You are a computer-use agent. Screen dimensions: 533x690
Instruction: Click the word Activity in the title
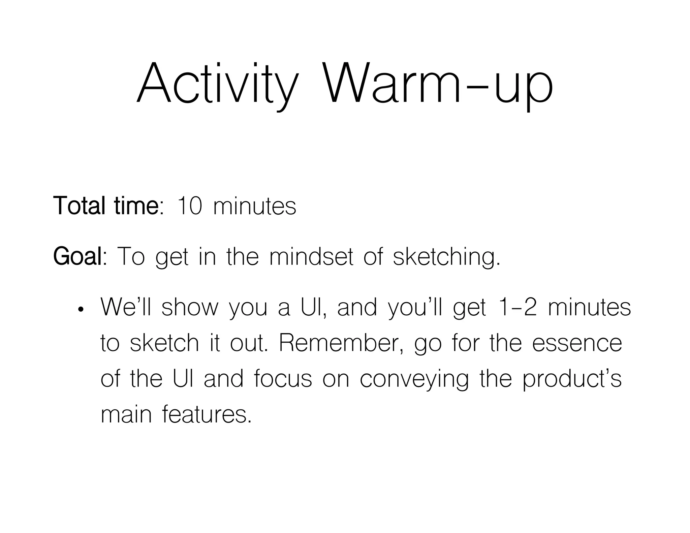(x=218, y=84)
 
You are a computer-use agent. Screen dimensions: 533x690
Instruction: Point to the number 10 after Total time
(x=189, y=206)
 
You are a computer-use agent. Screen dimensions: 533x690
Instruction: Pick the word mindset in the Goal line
(x=312, y=257)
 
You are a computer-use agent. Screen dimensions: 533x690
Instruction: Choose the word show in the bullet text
(x=190, y=307)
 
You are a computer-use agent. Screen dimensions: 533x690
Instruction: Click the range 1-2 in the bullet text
(x=517, y=307)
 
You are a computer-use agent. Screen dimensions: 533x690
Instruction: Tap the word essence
(x=577, y=343)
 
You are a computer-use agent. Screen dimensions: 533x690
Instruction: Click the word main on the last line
(x=126, y=414)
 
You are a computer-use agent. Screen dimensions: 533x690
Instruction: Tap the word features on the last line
(x=207, y=414)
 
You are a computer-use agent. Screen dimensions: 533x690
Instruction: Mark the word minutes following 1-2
(x=589, y=307)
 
